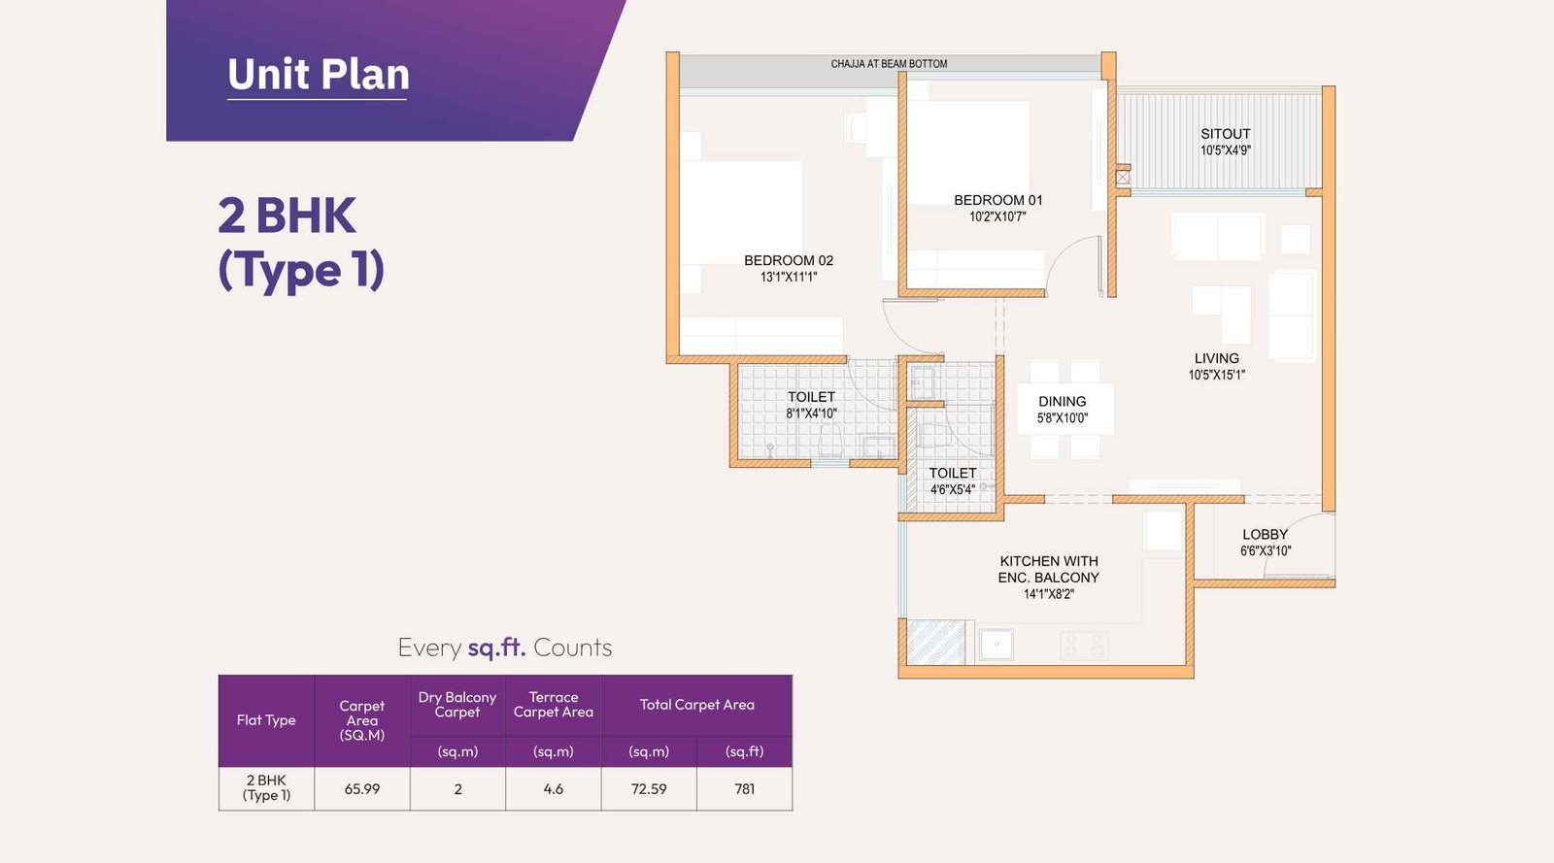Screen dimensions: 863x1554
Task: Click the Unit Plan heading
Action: coord(319,75)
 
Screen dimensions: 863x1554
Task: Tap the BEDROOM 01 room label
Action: coord(997,200)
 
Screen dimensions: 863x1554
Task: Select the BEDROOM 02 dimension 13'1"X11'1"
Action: coord(789,278)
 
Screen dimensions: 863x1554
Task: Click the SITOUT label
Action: coord(1225,134)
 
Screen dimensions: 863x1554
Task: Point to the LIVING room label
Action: coord(1216,358)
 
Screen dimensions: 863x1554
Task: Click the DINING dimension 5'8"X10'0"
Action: coord(1062,418)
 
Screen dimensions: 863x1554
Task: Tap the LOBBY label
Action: coord(1265,535)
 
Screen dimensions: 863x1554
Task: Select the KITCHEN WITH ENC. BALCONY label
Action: coord(1049,569)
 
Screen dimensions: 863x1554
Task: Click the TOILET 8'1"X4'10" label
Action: coord(811,397)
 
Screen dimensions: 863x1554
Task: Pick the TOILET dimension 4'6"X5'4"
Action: coord(952,490)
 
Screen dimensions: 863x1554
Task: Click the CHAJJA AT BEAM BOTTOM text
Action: coord(889,64)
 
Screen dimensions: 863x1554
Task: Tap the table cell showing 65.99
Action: coord(362,789)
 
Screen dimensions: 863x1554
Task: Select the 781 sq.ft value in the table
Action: coord(744,789)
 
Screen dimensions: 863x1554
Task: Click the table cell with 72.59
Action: coord(649,789)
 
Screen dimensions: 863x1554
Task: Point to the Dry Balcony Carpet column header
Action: coord(457,705)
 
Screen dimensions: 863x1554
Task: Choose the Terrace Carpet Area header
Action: coord(553,705)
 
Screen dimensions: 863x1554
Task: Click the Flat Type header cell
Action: coord(266,720)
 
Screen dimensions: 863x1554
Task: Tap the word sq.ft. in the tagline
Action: coord(496,647)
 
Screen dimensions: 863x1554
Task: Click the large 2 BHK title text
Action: coord(287,216)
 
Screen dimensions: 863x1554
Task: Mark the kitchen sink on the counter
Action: coord(997,645)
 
